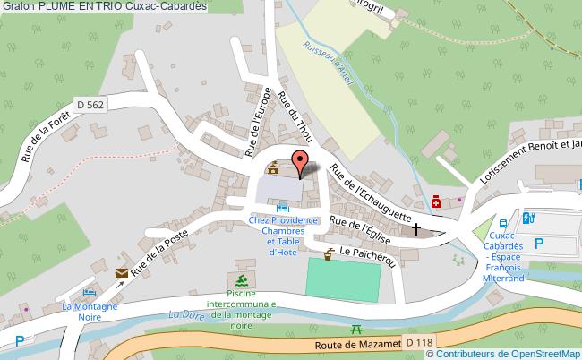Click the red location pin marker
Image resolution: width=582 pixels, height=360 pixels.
[299, 160]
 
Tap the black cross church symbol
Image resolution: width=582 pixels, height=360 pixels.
[416, 229]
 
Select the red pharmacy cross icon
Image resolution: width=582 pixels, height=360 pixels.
[436, 202]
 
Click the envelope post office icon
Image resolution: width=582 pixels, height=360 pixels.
[122, 272]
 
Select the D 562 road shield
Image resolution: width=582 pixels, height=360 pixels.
[91, 106]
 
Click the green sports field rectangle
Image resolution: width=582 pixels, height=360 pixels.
[342, 279]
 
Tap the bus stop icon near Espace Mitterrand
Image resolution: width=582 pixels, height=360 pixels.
[504, 223]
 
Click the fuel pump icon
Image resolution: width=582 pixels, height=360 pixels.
[528, 217]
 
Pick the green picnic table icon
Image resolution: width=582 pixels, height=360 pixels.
[356, 329]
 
